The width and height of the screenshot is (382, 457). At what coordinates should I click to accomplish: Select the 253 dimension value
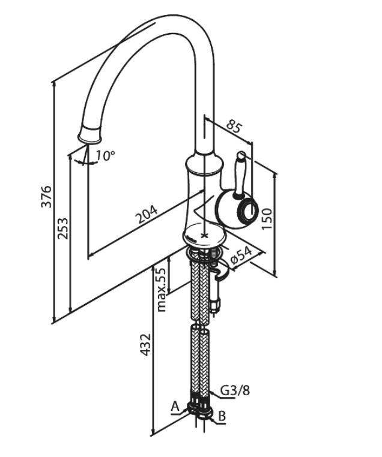click(x=62, y=228)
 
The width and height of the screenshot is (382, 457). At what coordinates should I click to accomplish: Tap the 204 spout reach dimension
click(x=147, y=214)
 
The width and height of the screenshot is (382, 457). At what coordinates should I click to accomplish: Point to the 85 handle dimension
click(x=235, y=126)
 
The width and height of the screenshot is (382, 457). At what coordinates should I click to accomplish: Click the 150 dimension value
click(x=267, y=218)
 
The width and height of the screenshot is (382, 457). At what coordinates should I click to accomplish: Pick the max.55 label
click(x=161, y=290)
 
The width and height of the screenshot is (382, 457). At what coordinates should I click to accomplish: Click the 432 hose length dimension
click(x=145, y=345)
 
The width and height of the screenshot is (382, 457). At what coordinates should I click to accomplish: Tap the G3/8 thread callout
click(x=235, y=390)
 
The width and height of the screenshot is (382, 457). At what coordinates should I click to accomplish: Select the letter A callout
click(x=175, y=406)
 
